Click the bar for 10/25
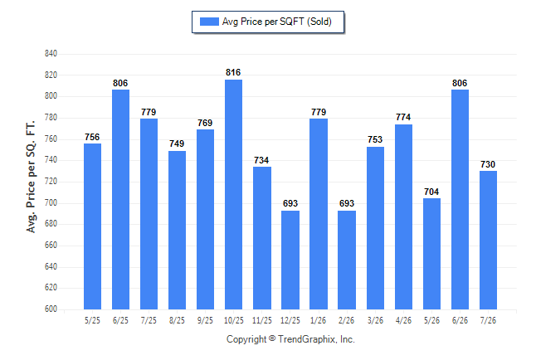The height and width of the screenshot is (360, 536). [233, 195]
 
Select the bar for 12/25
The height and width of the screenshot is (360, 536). [290, 260]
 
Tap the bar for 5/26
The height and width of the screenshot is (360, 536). [431, 254]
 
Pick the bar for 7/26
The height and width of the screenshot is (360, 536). [488, 240]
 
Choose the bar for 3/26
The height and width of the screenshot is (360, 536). [375, 228]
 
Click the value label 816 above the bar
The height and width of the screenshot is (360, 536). [233, 72]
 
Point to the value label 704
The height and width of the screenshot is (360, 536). [431, 192]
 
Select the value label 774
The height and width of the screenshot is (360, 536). [403, 117]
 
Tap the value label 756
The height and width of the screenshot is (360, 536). [92, 137]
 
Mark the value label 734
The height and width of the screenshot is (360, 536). [261, 160]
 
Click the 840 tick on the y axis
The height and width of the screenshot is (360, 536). [51, 54]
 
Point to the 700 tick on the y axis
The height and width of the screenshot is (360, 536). [51, 202]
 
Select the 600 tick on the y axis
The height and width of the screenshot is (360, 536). [51, 309]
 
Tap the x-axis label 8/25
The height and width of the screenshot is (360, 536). [177, 320]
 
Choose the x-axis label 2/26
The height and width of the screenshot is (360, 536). [347, 320]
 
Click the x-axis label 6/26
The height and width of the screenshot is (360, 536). [460, 320]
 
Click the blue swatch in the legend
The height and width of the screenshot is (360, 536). [209, 22]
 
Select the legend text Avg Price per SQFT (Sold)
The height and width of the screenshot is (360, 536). [277, 22]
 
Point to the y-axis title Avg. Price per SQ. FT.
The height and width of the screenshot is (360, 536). [31, 177]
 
